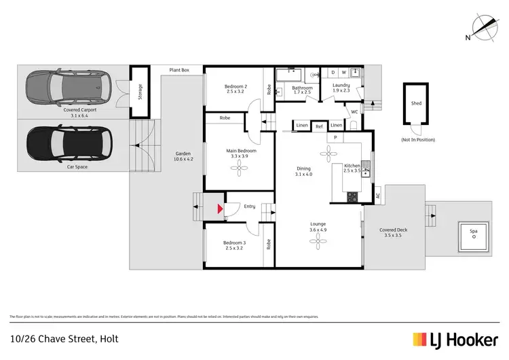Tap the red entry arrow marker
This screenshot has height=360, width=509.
[x=219, y=210]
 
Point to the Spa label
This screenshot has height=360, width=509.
[x=473, y=232]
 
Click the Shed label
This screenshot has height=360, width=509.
[x=416, y=104]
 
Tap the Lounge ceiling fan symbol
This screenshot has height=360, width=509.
[x=318, y=245]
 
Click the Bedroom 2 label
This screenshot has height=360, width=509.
[x=235, y=86]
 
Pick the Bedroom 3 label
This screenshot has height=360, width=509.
[x=234, y=242]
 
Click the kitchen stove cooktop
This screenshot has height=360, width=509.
[x=352, y=198]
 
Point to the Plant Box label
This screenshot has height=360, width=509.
[x=180, y=70]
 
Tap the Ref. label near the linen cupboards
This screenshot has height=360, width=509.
[x=319, y=126]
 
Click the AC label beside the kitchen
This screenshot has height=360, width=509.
[x=377, y=196]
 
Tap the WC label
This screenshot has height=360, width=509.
[x=354, y=112]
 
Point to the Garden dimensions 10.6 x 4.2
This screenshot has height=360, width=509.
[x=184, y=159]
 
